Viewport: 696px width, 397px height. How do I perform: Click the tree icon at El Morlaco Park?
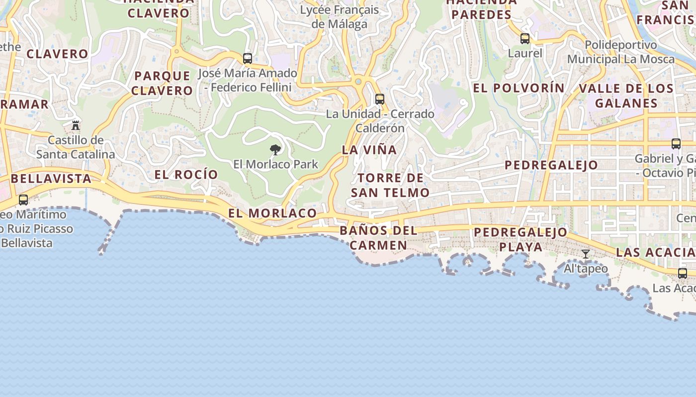[x=275, y=149]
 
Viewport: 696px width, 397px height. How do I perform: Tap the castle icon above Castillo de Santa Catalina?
[x=76, y=125]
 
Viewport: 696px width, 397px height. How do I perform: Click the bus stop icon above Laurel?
[x=525, y=39]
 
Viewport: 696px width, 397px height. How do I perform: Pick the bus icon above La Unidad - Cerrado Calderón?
[x=380, y=99]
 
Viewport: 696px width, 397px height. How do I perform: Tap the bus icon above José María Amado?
[x=248, y=59]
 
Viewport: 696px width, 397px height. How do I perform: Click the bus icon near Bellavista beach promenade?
[x=23, y=200]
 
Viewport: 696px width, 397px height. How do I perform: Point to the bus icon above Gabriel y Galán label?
[x=676, y=144]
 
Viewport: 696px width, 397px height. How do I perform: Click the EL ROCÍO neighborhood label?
[x=186, y=174]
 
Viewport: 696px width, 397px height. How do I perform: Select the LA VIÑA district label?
[x=369, y=149]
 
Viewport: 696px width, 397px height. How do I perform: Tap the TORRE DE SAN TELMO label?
[x=390, y=185]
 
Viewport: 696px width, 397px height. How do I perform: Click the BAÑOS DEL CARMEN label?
[x=378, y=238]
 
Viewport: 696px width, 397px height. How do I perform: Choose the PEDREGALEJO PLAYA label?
[x=521, y=239]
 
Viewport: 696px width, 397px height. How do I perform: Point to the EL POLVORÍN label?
[x=519, y=88]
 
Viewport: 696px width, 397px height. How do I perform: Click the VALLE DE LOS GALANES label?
[x=626, y=96]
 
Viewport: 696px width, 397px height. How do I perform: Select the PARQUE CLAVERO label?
[x=162, y=83]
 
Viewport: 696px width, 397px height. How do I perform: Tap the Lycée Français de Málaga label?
[x=340, y=17]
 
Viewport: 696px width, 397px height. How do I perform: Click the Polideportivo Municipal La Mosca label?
[x=621, y=52]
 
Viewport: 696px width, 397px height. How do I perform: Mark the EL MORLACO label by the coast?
[x=272, y=213]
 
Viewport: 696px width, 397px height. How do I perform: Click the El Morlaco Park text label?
[x=275, y=164]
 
